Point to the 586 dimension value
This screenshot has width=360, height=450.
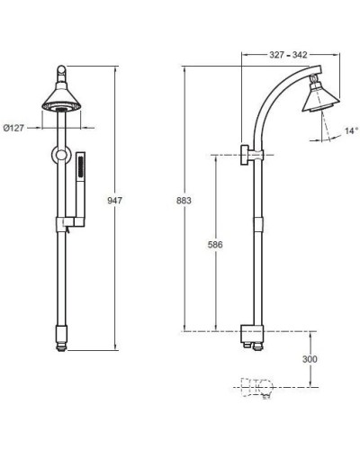214,245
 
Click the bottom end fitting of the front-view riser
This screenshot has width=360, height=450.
61,338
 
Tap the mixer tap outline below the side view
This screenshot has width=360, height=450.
256,388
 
